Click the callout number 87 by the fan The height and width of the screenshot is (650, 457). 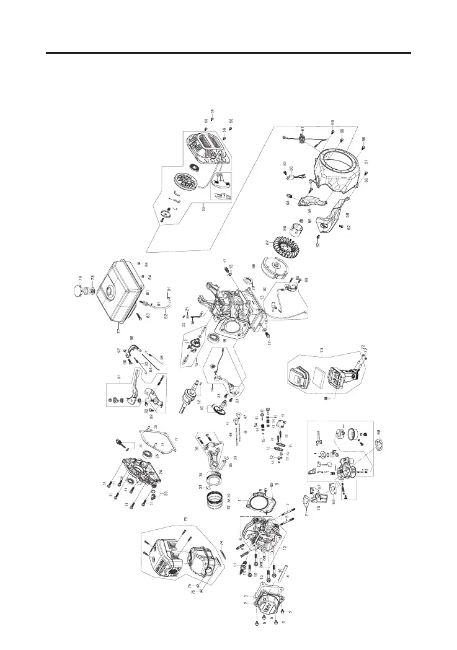[267, 242]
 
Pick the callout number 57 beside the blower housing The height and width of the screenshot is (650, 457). [366, 161]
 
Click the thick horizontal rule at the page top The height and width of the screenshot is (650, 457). [228, 53]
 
